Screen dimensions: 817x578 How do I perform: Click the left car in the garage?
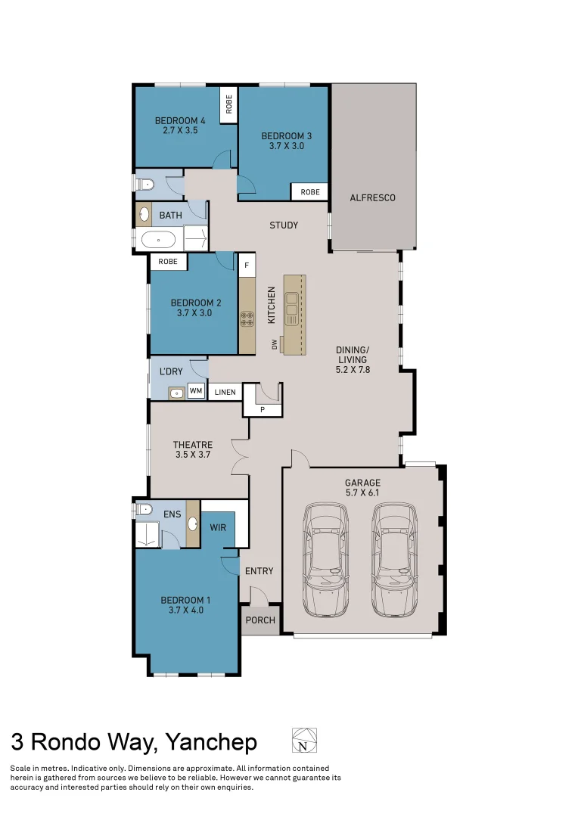[x=326, y=561]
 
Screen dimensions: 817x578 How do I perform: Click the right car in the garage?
[x=394, y=561]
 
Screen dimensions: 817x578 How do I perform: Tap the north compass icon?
[x=304, y=741]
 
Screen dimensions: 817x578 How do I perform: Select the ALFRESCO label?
[x=372, y=198]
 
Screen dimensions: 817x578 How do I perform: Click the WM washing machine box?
[x=196, y=391]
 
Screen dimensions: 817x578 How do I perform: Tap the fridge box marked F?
[x=247, y=266]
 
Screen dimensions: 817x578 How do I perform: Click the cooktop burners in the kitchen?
[x=247, y=318]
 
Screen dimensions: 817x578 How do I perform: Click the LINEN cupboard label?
[x=225, y=393]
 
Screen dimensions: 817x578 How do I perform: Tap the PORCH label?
[x=259, y=620]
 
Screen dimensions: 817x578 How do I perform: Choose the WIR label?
[x=218, y=527]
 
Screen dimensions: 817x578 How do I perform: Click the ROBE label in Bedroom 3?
[x=310, y=192]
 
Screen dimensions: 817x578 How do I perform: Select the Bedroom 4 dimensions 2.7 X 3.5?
[x=180, y=130]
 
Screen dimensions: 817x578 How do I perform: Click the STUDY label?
[x=284, y=225]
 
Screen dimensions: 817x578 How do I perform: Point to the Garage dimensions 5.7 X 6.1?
[x=362, y=492]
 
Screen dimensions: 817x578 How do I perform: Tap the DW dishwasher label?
[x=275, y=344]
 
